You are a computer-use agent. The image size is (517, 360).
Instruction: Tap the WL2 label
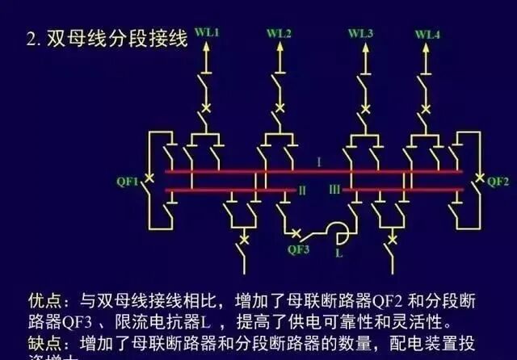(280, 33)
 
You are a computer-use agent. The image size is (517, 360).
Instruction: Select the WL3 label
(360, 33)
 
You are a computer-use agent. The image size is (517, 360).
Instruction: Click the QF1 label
(127, 180)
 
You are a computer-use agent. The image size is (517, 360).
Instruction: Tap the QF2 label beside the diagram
(498, 181)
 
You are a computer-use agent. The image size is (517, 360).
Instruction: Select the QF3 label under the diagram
(298, 249)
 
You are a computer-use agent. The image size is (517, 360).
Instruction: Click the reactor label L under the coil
(338, 253)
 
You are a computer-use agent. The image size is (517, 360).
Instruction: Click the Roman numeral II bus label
(302, 190)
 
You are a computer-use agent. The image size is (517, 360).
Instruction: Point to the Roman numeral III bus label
(334, 190)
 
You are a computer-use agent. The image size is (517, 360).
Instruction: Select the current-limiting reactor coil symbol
(339, 234)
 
